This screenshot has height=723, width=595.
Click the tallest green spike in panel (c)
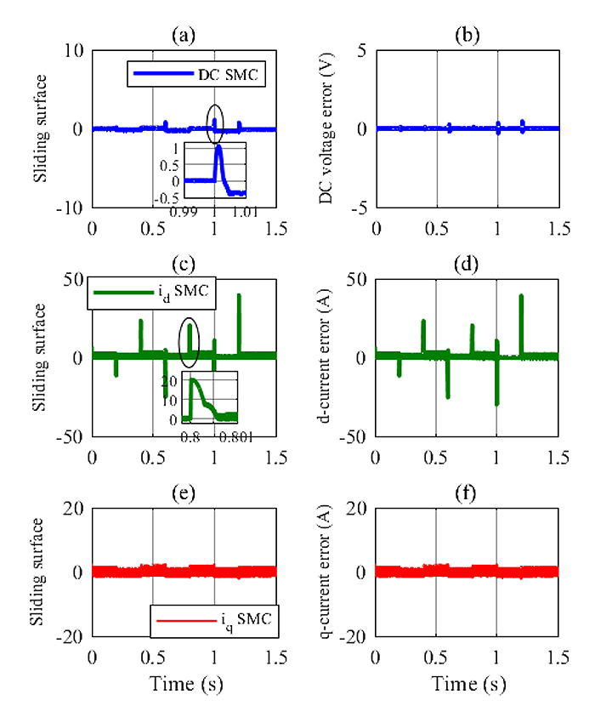(x=239, y=296)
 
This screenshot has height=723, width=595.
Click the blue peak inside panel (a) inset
(x=218, y=147)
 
